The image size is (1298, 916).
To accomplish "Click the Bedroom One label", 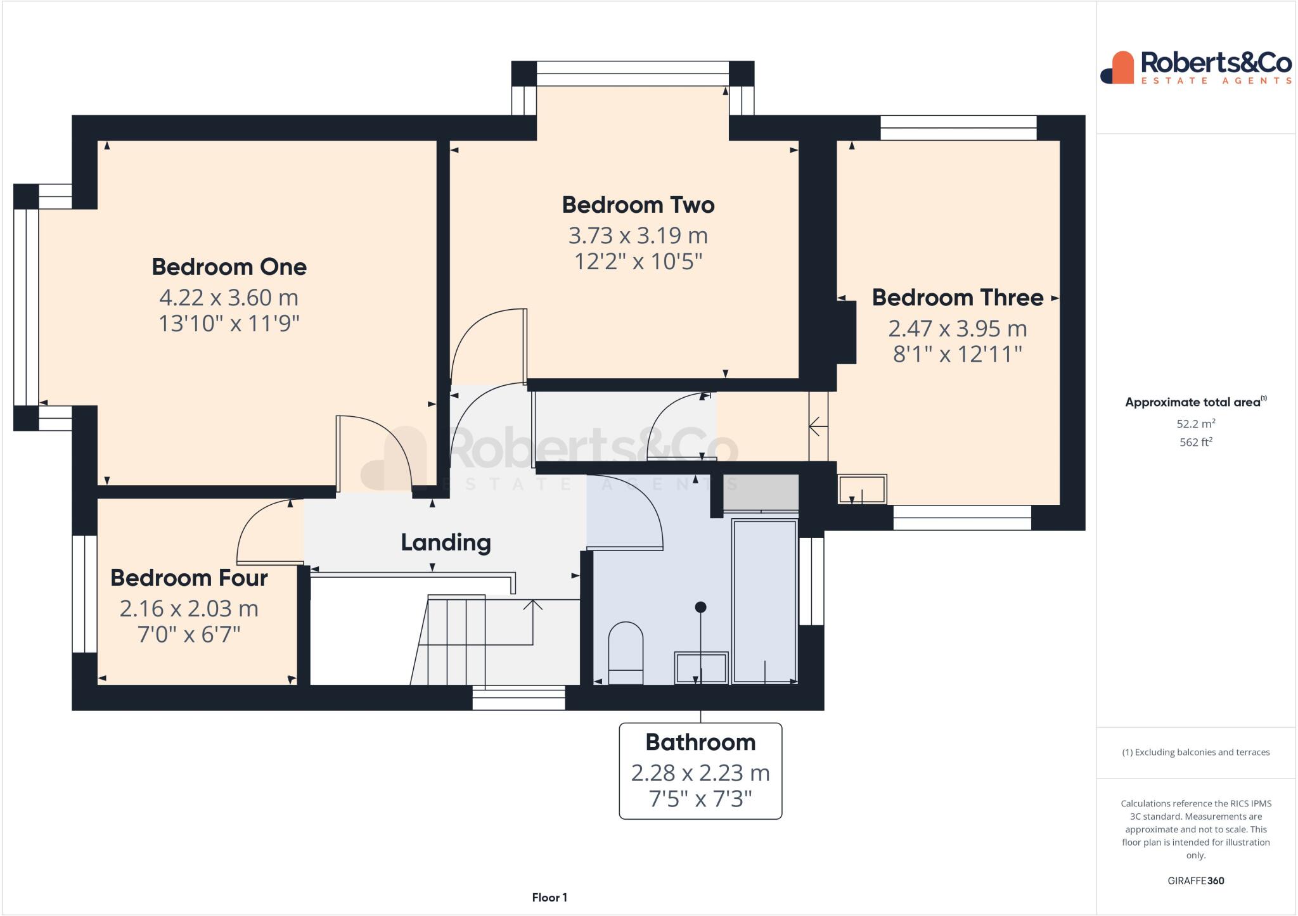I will tap(229, 267).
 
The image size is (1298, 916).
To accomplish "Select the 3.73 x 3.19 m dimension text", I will tap(638, 236).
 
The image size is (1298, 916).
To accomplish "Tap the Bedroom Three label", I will tap(957, 298).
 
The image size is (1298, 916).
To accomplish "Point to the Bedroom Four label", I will tap(189, 578).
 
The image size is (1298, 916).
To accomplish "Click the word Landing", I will tap(446, 542).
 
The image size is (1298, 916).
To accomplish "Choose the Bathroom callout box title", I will tap(700, 742).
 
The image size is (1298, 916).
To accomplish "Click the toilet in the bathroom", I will tap(626, 652).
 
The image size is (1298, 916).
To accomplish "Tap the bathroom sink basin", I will tap(701, 668).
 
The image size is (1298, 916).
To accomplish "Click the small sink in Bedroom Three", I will tap(862, 489).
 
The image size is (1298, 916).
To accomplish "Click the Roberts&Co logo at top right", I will tap(1196, 68).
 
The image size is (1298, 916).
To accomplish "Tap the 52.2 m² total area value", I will tap(1195, 424).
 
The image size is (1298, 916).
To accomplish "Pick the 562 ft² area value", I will tap(1195, 442).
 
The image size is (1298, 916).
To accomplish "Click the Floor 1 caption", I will tap(549, 898).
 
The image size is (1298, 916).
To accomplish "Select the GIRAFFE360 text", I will tap(1195, 881).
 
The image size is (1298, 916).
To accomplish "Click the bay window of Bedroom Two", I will tap(633, 73).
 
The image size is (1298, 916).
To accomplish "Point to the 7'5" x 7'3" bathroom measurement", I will tap(700, 799).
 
